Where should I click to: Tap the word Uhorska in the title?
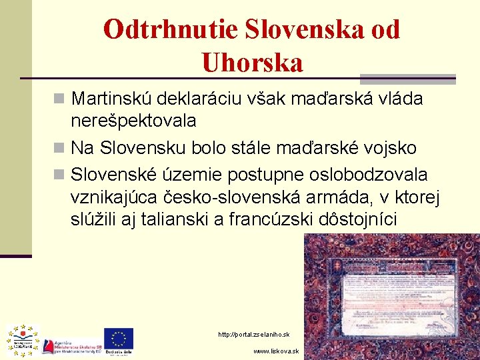[251, 63]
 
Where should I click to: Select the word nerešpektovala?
[133, 121]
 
